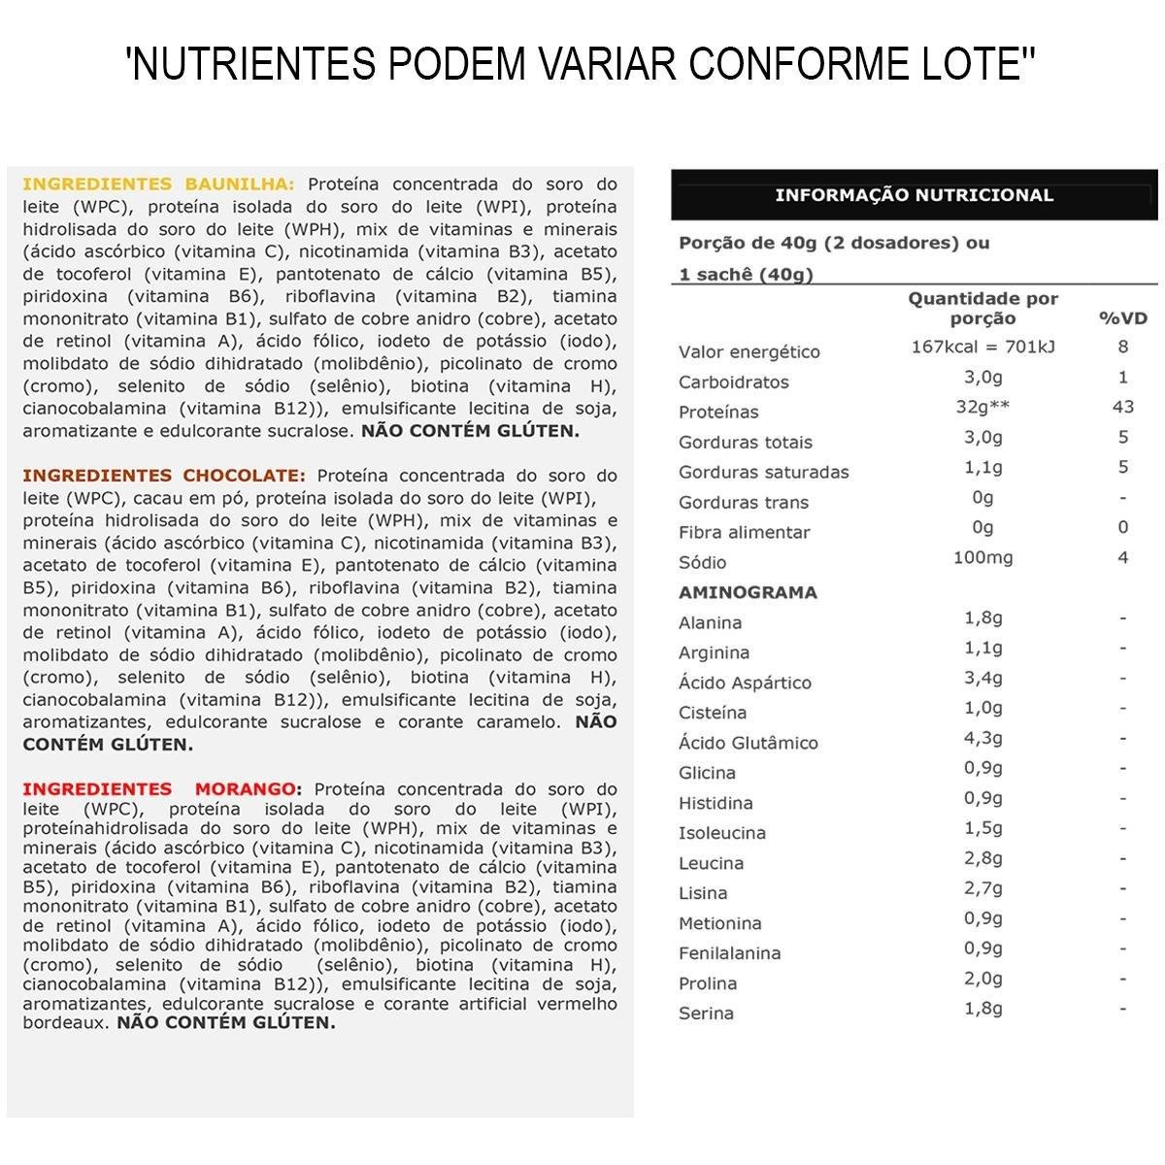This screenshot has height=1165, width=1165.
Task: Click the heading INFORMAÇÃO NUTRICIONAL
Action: point(914,195)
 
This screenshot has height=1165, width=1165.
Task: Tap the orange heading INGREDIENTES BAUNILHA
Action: point(157,184)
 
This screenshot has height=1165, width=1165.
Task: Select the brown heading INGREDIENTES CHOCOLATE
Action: point(163,476)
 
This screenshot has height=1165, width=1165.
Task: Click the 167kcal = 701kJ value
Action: point(982,347)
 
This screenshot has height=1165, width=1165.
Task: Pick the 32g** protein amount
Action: point(982,407)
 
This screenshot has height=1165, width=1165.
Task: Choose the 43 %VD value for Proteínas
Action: point(1122,407)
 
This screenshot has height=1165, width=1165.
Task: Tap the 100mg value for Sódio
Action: point(982,557)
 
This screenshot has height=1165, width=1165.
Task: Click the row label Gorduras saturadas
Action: point(763,472)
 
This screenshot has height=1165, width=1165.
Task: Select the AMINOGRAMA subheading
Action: point(748,592)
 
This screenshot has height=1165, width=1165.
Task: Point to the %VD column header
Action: point(1122,318)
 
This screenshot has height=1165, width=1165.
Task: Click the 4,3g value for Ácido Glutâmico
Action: point(982,738)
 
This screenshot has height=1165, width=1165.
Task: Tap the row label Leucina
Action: point(711,863)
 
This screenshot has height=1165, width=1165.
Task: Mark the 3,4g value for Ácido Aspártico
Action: point(982,678)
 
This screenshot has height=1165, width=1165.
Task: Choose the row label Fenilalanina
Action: point(729,953)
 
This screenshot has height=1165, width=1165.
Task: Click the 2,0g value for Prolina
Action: point(982,979)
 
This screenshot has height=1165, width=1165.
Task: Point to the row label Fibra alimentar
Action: point(744,532)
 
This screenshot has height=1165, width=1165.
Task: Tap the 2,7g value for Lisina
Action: point(982,888)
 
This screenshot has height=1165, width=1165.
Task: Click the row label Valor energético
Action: point(749,351)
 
